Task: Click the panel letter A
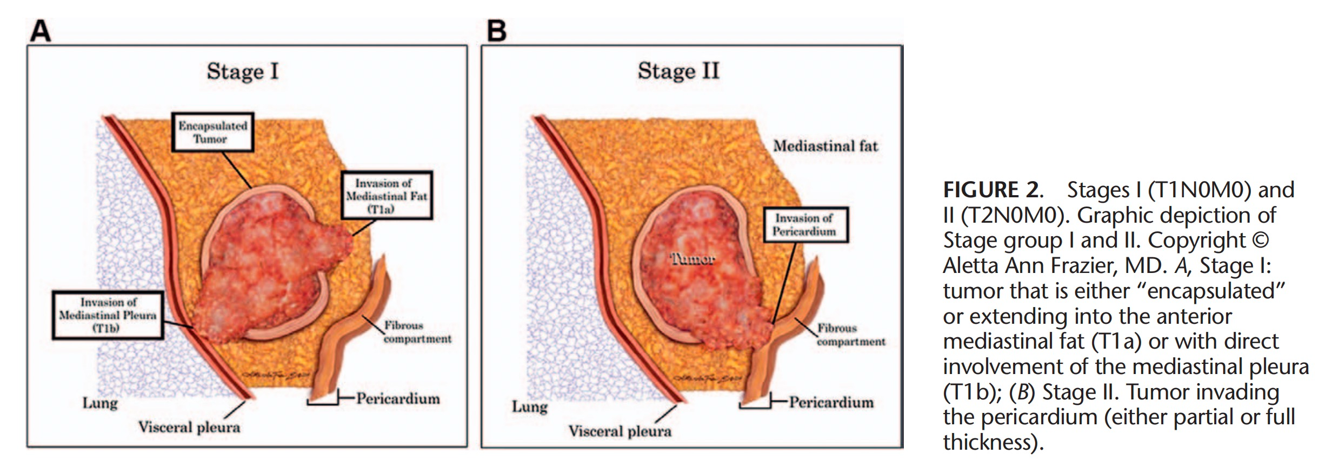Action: [x=41, y=31]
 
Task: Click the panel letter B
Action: [x=496, y=31]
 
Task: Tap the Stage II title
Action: [x=678, y=71]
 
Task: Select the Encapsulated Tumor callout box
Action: [x=212, y=132]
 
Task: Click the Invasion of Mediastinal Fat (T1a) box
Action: [x=387, y=196]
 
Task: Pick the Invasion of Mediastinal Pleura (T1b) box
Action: [x=108, y=315]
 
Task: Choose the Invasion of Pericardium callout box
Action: [x=804, y=225]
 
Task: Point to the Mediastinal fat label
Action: [x=825, y=146]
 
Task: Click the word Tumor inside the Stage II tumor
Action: [x=692, y=259]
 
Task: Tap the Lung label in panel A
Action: [x=100, y=403]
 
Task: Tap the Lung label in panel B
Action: [x=530, y=406]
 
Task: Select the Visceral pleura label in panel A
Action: [x=189, y=428]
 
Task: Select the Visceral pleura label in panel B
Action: [x=620, y=431]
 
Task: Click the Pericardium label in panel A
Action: [x=398, y=399]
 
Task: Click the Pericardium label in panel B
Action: [x=831, y=403]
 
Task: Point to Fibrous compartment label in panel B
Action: [x=850, y=335]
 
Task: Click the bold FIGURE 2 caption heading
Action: [x=991, y=190]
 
